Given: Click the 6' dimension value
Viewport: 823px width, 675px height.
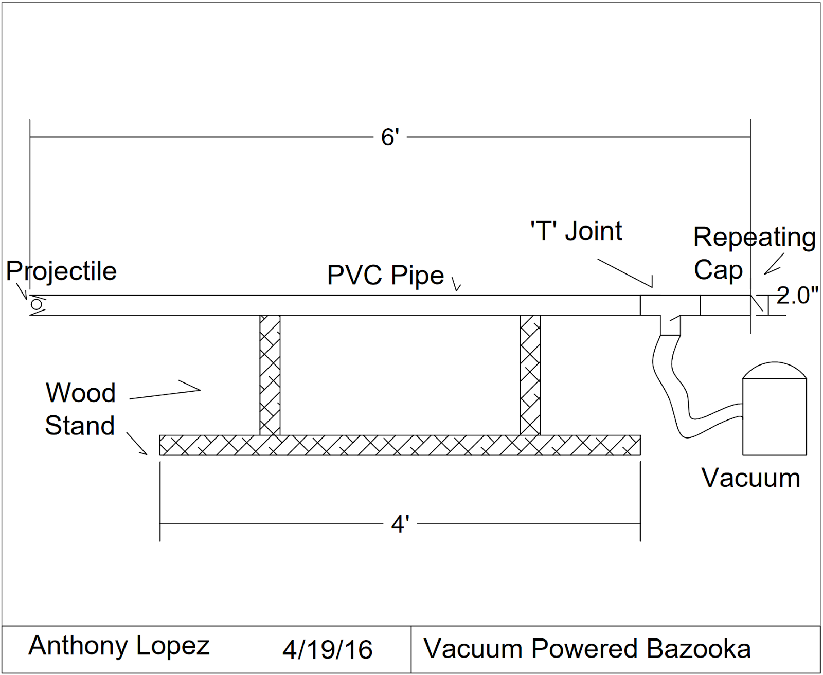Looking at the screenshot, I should (390, 137).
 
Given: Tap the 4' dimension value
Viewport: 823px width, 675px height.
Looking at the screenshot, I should (400, 524).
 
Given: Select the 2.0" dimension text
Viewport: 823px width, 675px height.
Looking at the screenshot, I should (797, 296).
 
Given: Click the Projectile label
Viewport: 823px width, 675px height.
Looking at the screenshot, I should (61, 271).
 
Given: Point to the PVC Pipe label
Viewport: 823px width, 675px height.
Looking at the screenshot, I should (385, 275).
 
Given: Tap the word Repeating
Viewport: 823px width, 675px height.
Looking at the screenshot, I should (754, 238).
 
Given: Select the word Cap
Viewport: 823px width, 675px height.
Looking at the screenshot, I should (718, 270).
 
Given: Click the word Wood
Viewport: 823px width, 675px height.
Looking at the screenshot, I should (81, 393).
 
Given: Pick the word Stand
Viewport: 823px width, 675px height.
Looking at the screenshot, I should (80, 426).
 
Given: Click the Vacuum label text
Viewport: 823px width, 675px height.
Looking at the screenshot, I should (750, 478).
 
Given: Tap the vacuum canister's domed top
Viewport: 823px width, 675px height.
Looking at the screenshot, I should (774, 370).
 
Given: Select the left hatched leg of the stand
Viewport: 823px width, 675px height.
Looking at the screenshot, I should (270, 375).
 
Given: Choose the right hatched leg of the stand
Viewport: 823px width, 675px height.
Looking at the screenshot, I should (530, 375).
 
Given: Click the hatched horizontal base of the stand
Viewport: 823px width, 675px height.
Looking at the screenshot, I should (400, 445).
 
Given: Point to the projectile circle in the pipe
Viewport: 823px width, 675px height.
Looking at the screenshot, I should (37, 305).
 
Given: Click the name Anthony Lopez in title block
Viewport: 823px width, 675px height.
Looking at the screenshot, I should (119, 646).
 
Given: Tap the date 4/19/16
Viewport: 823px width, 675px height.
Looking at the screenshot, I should (327, 649).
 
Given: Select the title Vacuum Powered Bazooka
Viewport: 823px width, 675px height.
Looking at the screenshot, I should (587, 649).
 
